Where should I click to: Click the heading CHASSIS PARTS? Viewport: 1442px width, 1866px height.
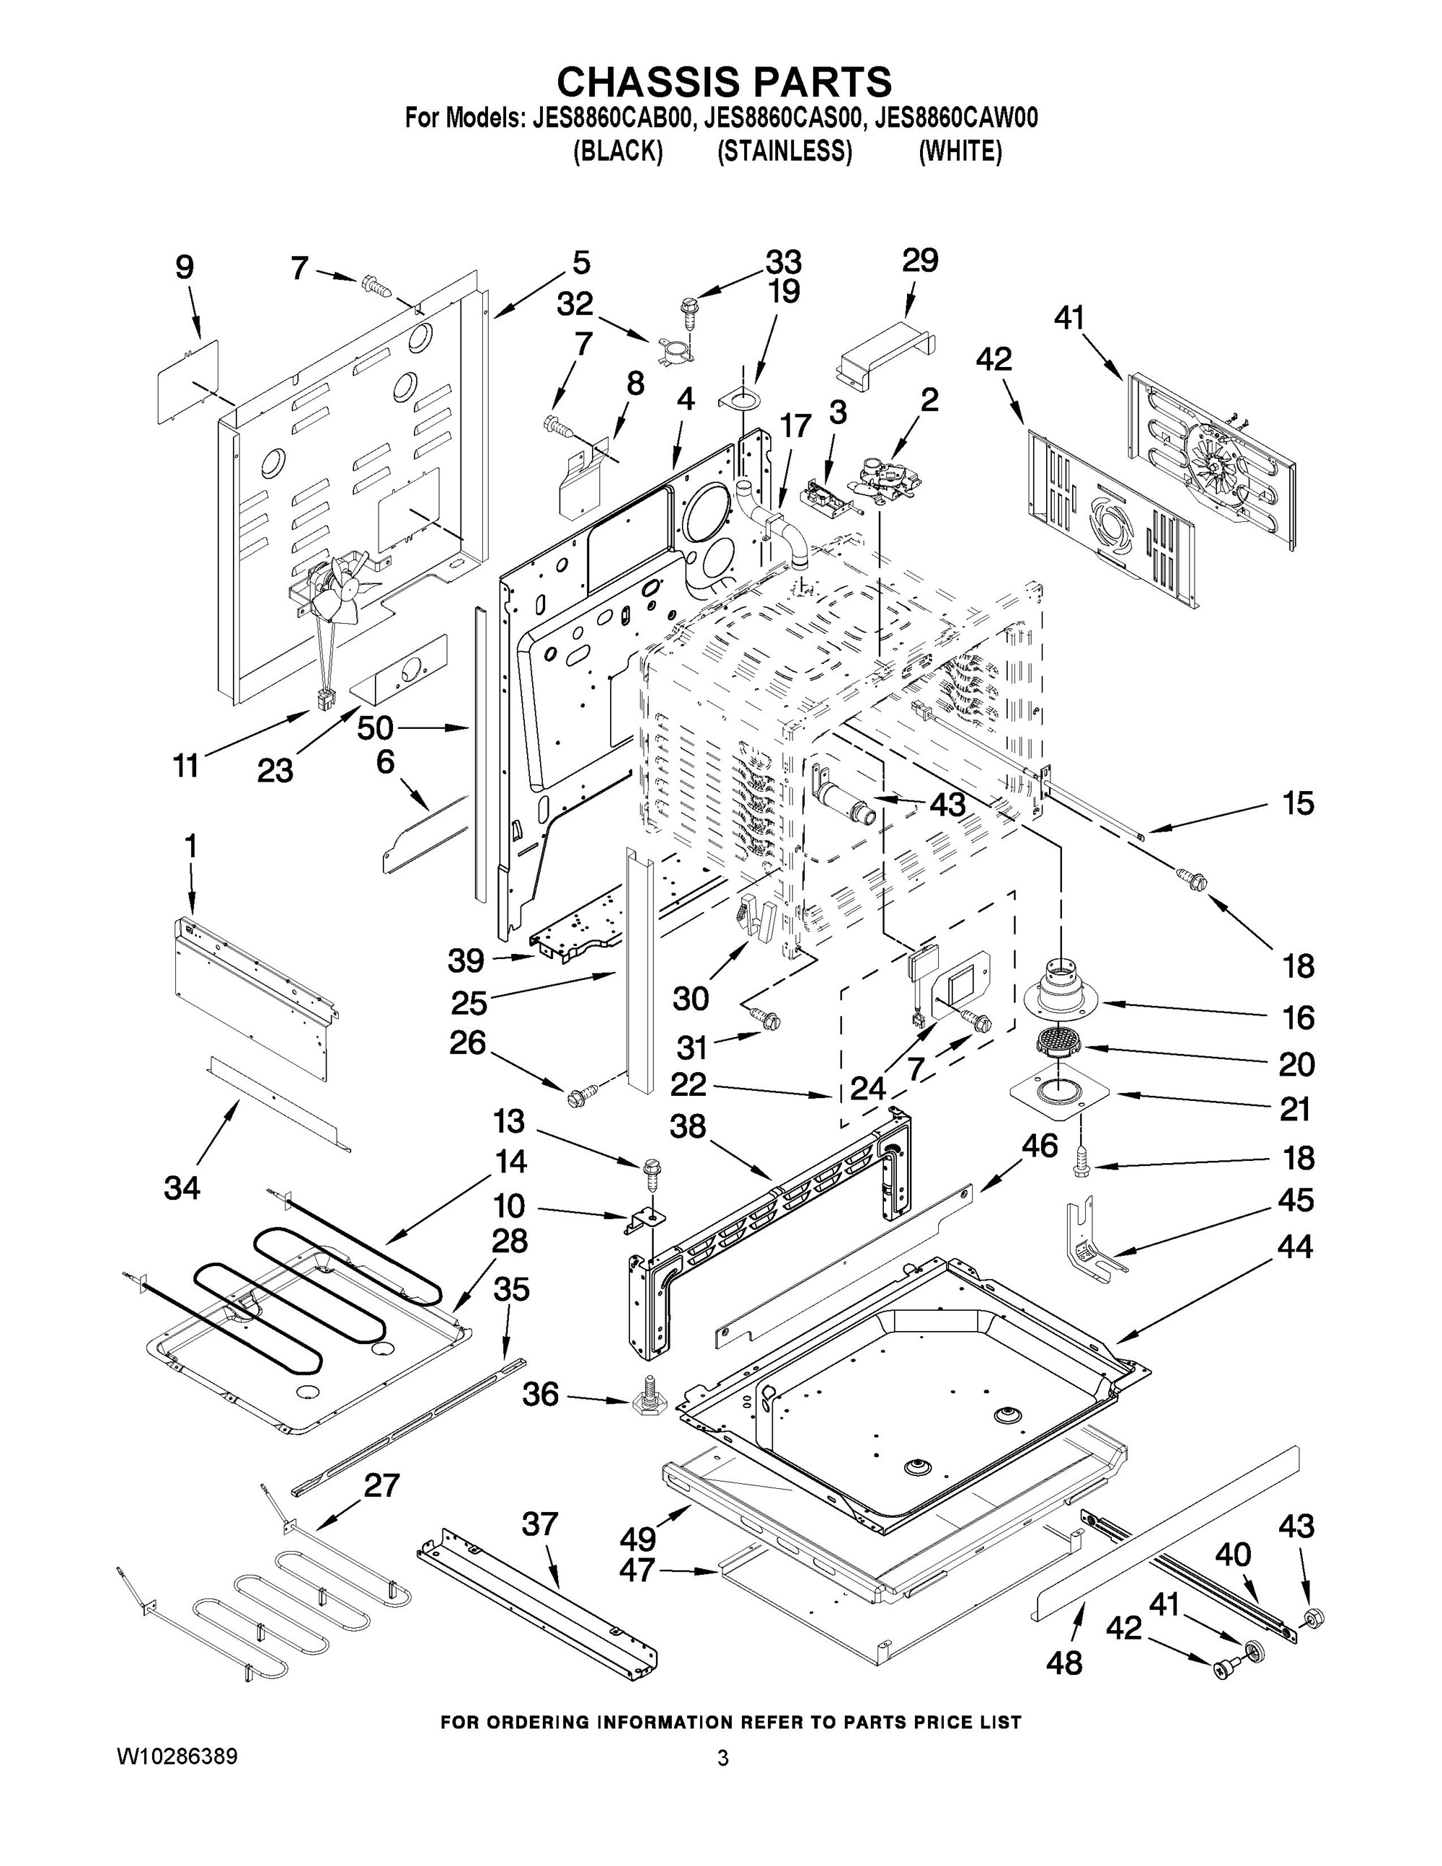pos(724,82)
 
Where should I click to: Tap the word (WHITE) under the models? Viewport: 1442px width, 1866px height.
pos(960,152)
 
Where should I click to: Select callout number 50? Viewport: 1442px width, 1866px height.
pos(375,728)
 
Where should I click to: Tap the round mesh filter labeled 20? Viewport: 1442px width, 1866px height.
pos(1058,1043)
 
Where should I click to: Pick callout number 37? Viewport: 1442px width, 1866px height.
pos(539,1524)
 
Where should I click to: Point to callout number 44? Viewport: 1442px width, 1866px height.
pos(1294,1247)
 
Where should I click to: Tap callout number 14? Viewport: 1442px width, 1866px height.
pos(510,1162)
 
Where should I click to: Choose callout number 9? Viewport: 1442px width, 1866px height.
pos(185,267)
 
